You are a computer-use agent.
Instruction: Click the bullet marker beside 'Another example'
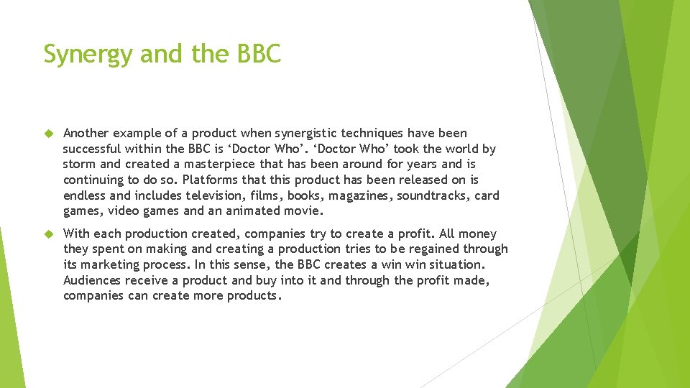point(49,134)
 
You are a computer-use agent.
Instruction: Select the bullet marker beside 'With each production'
point(49,234)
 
